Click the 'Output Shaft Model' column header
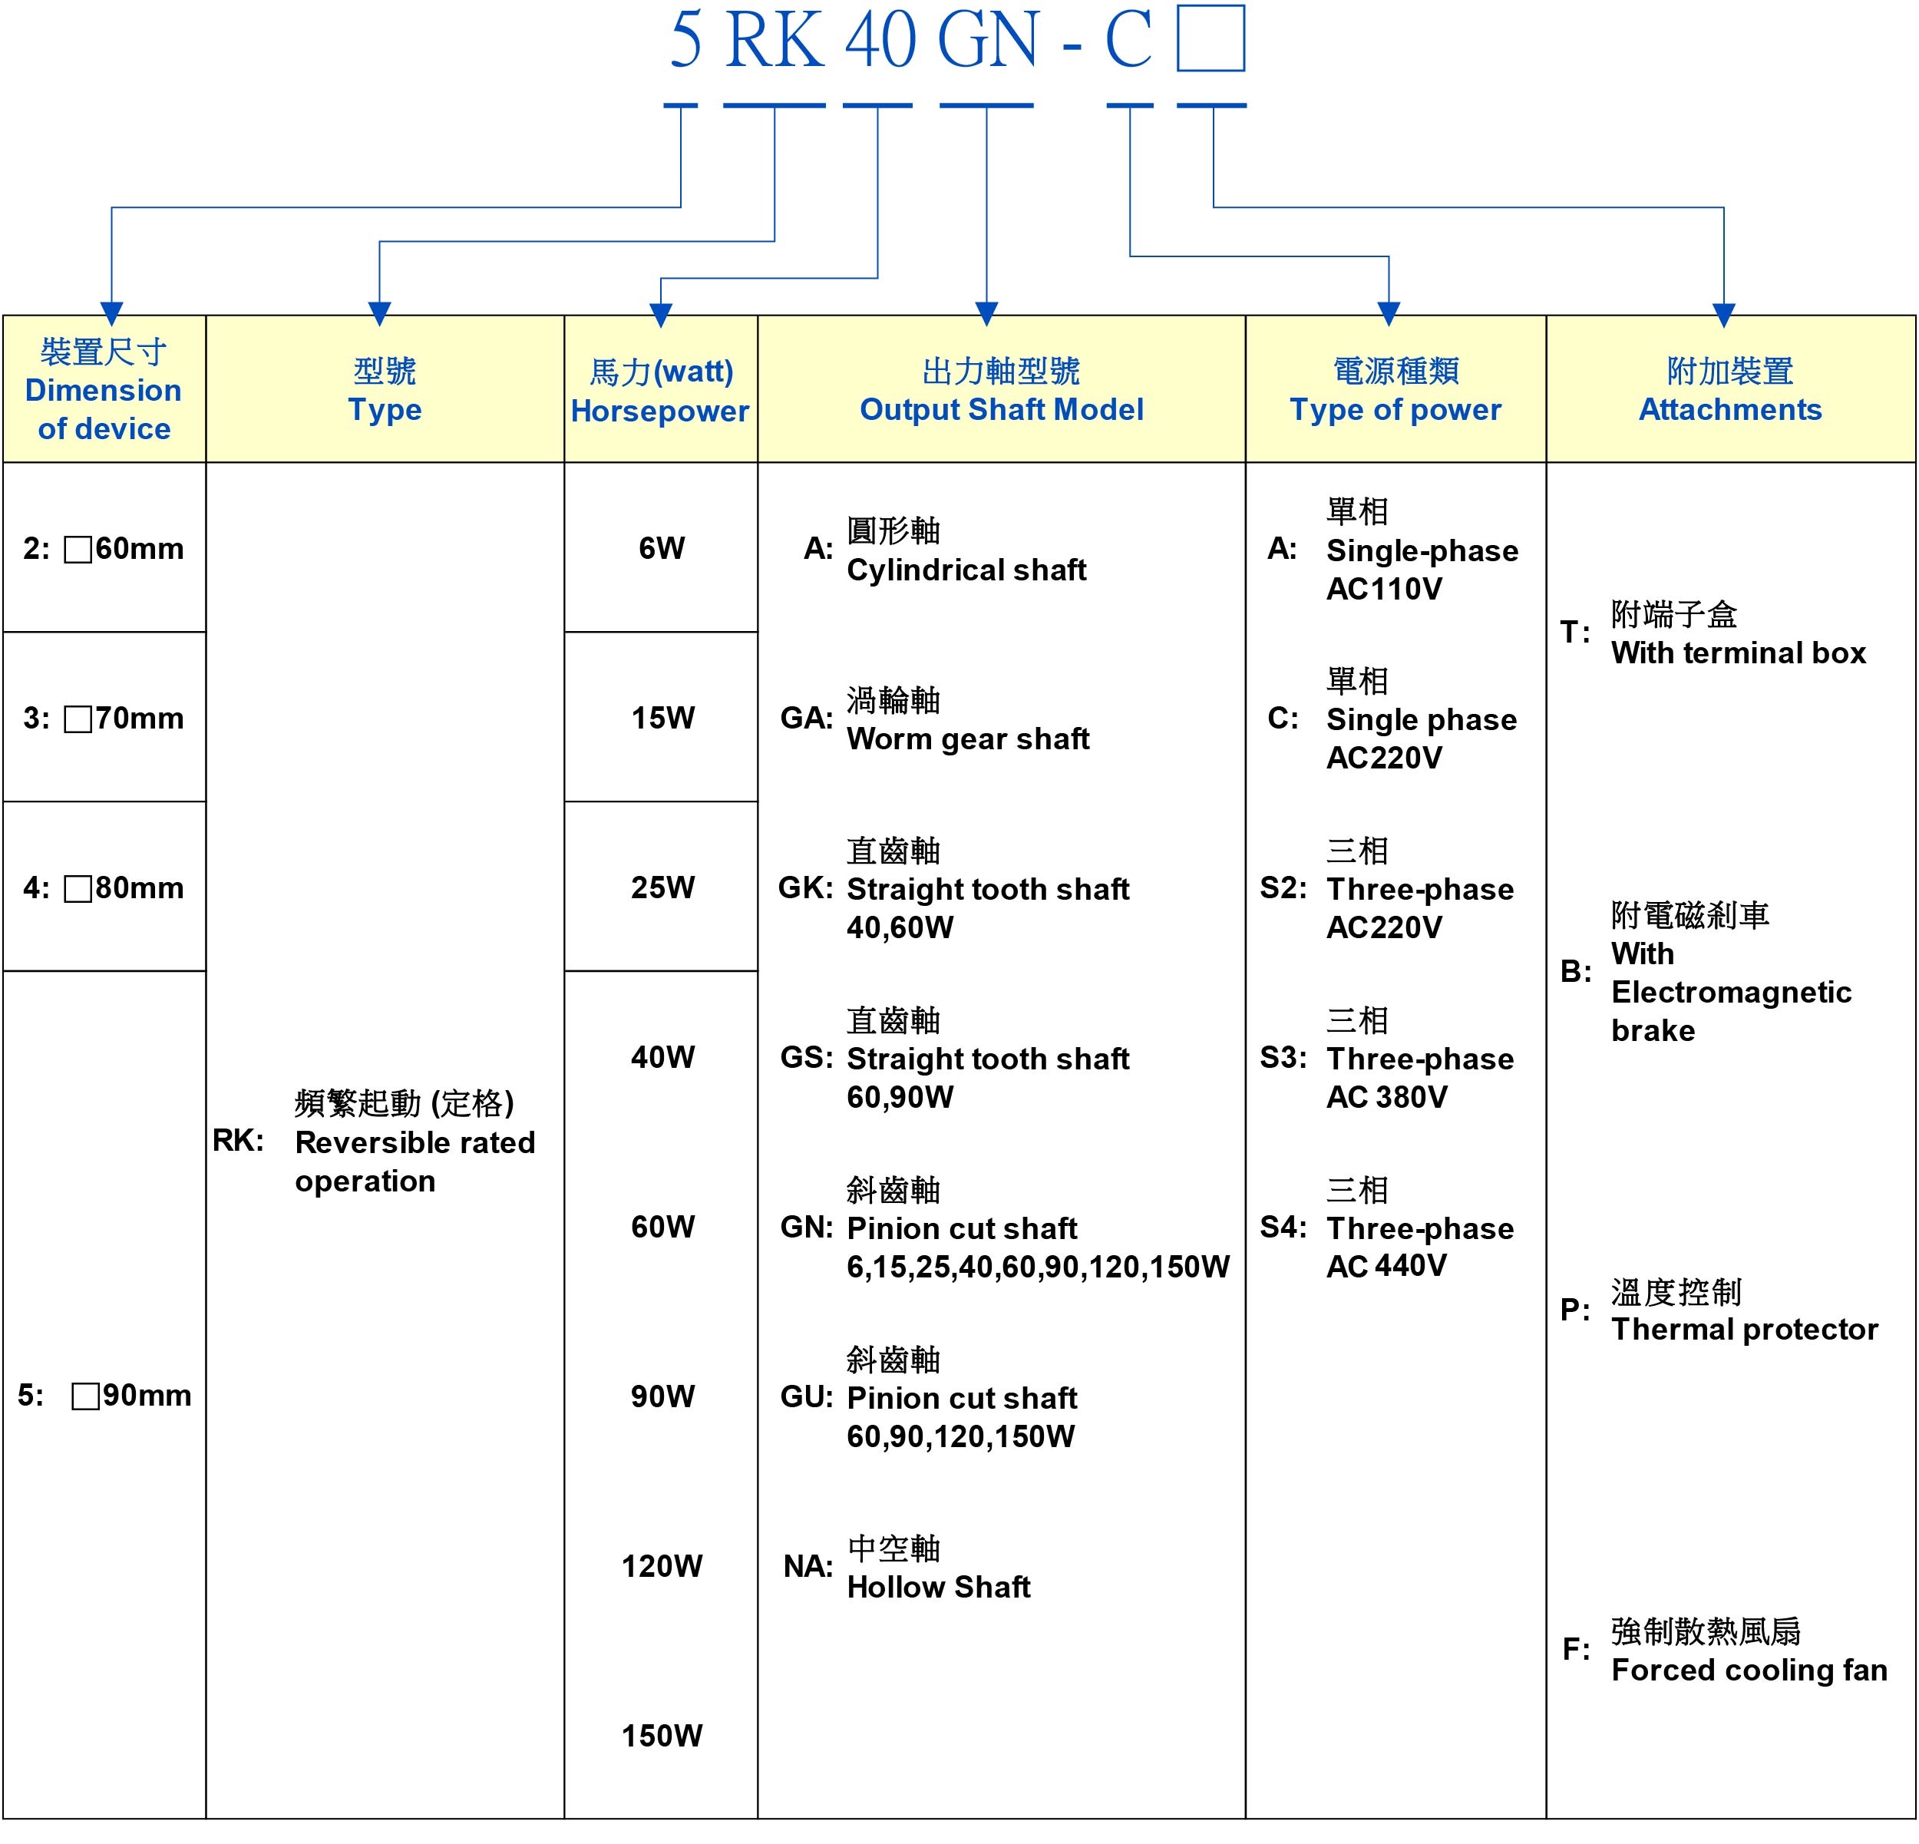click(1001, 409)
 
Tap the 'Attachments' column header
click(1730, 409)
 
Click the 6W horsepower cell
click(662, 548)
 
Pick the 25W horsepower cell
click(662, 887)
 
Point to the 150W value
click(662, 1735)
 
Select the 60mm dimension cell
click(104, 548)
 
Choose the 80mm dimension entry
click(104, 887)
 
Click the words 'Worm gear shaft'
click(967, 739)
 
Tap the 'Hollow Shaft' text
click(938, 1587)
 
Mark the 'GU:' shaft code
click(806, 1397)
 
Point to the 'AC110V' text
click(1383, 589)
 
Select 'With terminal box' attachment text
click(1738, 653)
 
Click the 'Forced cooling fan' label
click(1749, 1670)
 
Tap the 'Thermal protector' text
click(1744, 1329)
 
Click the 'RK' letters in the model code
click(774, 41)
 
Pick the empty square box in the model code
click(1211, 39)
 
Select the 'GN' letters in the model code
click(987, 41)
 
